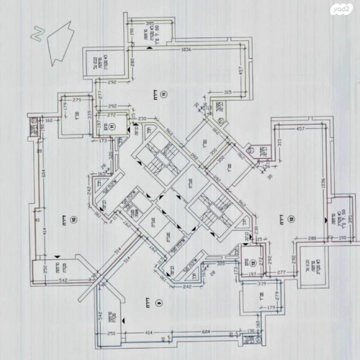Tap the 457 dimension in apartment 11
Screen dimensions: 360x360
click(241, 72)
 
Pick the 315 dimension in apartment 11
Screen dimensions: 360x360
click(227, 92)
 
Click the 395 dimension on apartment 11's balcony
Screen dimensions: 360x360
click(150, 24)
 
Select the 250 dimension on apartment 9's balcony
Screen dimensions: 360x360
click(111, 334)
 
